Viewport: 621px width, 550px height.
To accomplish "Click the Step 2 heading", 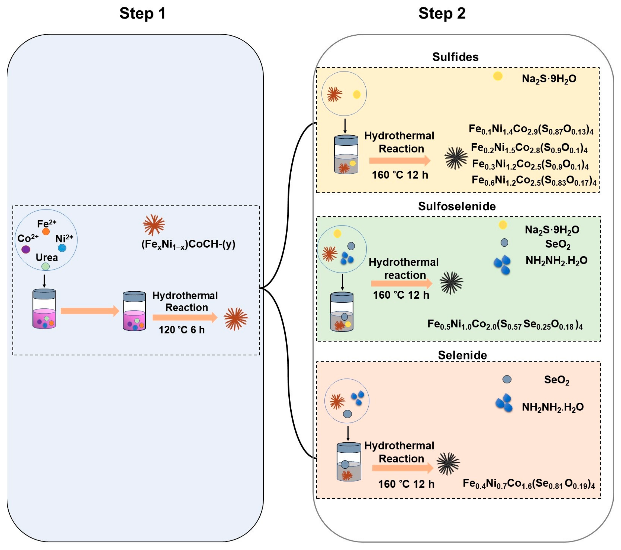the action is point(442,14).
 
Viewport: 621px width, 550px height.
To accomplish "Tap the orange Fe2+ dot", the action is point(46,231).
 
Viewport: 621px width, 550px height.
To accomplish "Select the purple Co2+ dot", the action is point(26,249).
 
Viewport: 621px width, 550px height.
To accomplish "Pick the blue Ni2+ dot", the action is point(62,248).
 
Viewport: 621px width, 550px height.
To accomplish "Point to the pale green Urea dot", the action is point(46,266).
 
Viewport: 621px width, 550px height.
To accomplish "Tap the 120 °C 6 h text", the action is point(182,330).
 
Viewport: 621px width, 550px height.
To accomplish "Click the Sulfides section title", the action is point(455,57).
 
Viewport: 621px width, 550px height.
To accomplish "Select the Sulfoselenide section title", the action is point(457,206).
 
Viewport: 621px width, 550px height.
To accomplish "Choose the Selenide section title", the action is point(462,355).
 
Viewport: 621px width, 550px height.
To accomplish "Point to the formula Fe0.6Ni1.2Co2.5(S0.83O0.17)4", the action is point(534,180).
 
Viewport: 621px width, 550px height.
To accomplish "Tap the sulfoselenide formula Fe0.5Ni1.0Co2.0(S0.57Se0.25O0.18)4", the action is point(505,325).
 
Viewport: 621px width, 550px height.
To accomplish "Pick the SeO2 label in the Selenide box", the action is point(557,380).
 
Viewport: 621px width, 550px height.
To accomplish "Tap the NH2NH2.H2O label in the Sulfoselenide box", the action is point(556,260).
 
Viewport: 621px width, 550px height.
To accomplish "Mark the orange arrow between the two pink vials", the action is point(90,311).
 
